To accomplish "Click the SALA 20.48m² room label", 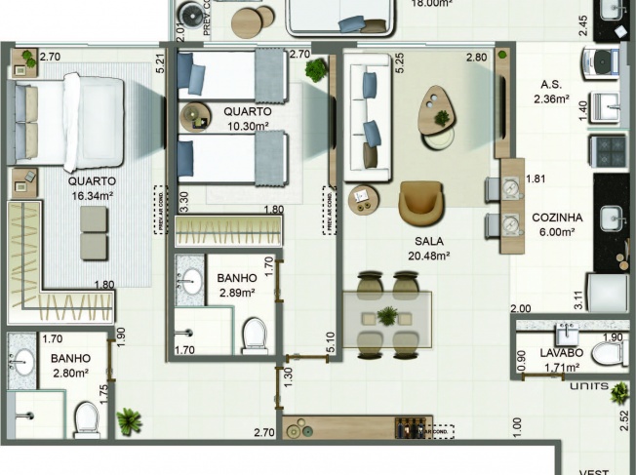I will (x=428, y=249).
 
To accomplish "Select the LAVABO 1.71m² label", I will (x=561, y=359).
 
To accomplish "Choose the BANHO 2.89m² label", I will (x=236, y=284).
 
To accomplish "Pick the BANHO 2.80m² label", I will (x=70, y=365).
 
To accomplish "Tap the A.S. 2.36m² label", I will (x=553, y=91).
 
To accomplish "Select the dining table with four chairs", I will (x=387, y=315).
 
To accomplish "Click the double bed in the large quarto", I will (x=71, y=122).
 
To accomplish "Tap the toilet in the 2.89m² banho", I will (x=255, y=333).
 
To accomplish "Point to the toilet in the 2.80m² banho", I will (x=87, y=419).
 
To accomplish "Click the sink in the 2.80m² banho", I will (x=23, y=363).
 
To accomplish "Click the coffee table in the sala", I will (x=437, y=112).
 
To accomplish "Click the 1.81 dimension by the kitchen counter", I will (x=535, y=178).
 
